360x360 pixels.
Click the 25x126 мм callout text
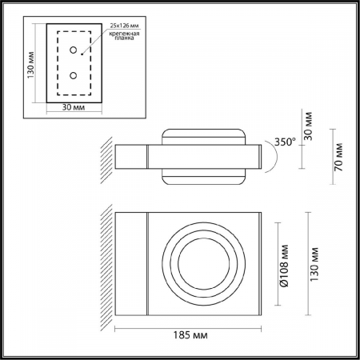pyautogui.click(x=124, y=26)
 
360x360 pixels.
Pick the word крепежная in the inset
pyautogui.click(x=125, y=36)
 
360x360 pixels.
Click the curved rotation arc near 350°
pyautogui.click(x=272, y=158)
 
